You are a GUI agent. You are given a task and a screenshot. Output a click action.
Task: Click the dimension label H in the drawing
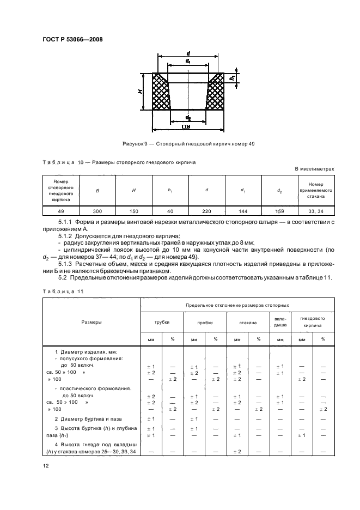(x=141, y=92)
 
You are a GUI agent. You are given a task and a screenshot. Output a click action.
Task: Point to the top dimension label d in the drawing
(x=188, y=53)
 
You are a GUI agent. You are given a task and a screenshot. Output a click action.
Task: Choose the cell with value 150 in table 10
(x=133, y=212)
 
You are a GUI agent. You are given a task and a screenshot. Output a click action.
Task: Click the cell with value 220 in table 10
(x=206, y=212)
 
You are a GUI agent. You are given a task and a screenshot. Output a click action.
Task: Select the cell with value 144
(x=243, y=212)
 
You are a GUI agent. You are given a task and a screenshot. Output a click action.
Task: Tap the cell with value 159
(x=279, y=212)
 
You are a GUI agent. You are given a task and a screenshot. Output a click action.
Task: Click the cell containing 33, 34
(x=315, y=212)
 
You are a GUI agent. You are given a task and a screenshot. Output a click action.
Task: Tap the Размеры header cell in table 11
(x=91, y=323)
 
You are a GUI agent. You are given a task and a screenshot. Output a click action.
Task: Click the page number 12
(x=45, y=465)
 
